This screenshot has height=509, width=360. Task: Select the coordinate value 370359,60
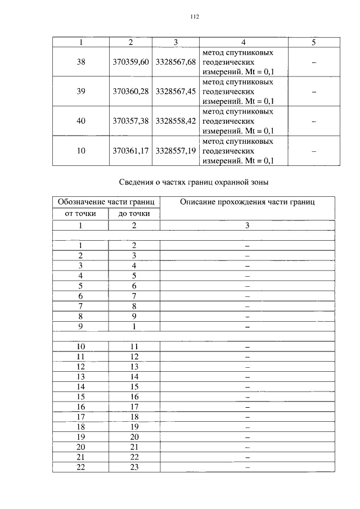point(130,62)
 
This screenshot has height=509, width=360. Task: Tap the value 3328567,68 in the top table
point(175,62)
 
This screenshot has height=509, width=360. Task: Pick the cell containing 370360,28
point(130,91)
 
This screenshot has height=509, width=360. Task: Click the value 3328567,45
point(175,91)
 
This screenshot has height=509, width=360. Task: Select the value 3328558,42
point(175,121)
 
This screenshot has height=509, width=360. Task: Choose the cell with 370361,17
point(130,151)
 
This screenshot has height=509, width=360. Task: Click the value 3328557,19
point(175,151)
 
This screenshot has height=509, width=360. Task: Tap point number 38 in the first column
point(81,62)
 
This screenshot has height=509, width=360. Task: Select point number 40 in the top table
point(81,121)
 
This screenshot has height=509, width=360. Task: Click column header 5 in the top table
point(314,42)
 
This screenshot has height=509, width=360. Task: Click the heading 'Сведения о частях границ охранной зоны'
point(194,182)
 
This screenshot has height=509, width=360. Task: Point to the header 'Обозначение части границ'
point(106,202)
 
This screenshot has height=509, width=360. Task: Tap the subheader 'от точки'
point(80,214)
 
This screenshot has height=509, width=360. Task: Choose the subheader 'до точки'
point(134,214)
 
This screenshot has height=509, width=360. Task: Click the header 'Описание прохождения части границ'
point(247,202)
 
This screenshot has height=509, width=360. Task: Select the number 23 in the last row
point(134,466)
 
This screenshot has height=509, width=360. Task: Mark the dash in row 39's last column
point(314,91)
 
